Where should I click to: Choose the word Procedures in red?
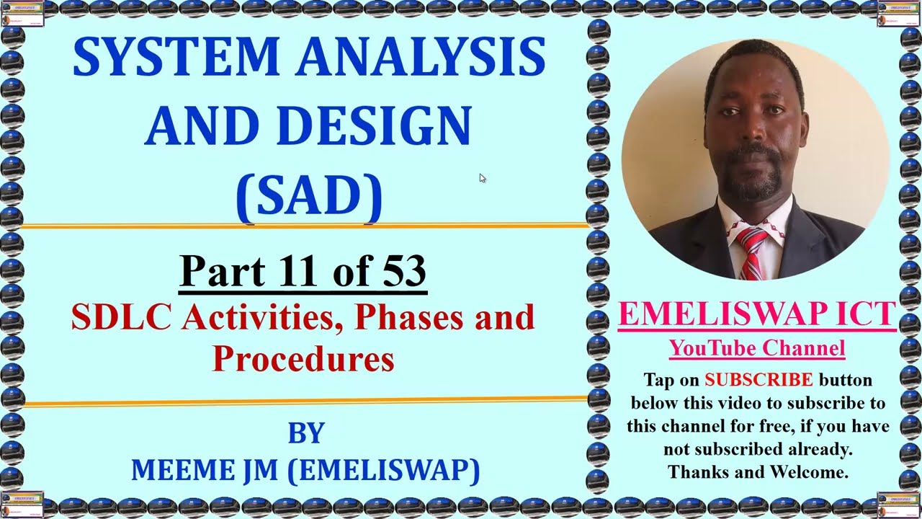pyautogui.click(x=303, y=358)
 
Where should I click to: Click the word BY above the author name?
pyautogui.click(x=306, y=432)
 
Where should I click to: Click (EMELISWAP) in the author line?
pyautogui.click(x=383, y=470)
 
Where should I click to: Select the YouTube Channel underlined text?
pyautogui.click(x=757, y=349)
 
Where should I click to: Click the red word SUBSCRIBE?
pyautogui.click(x=758, y=380)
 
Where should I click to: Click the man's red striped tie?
pyautogui.click(x=752, y=252)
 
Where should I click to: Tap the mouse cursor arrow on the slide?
pyautogui.click(x=481, y=177)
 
